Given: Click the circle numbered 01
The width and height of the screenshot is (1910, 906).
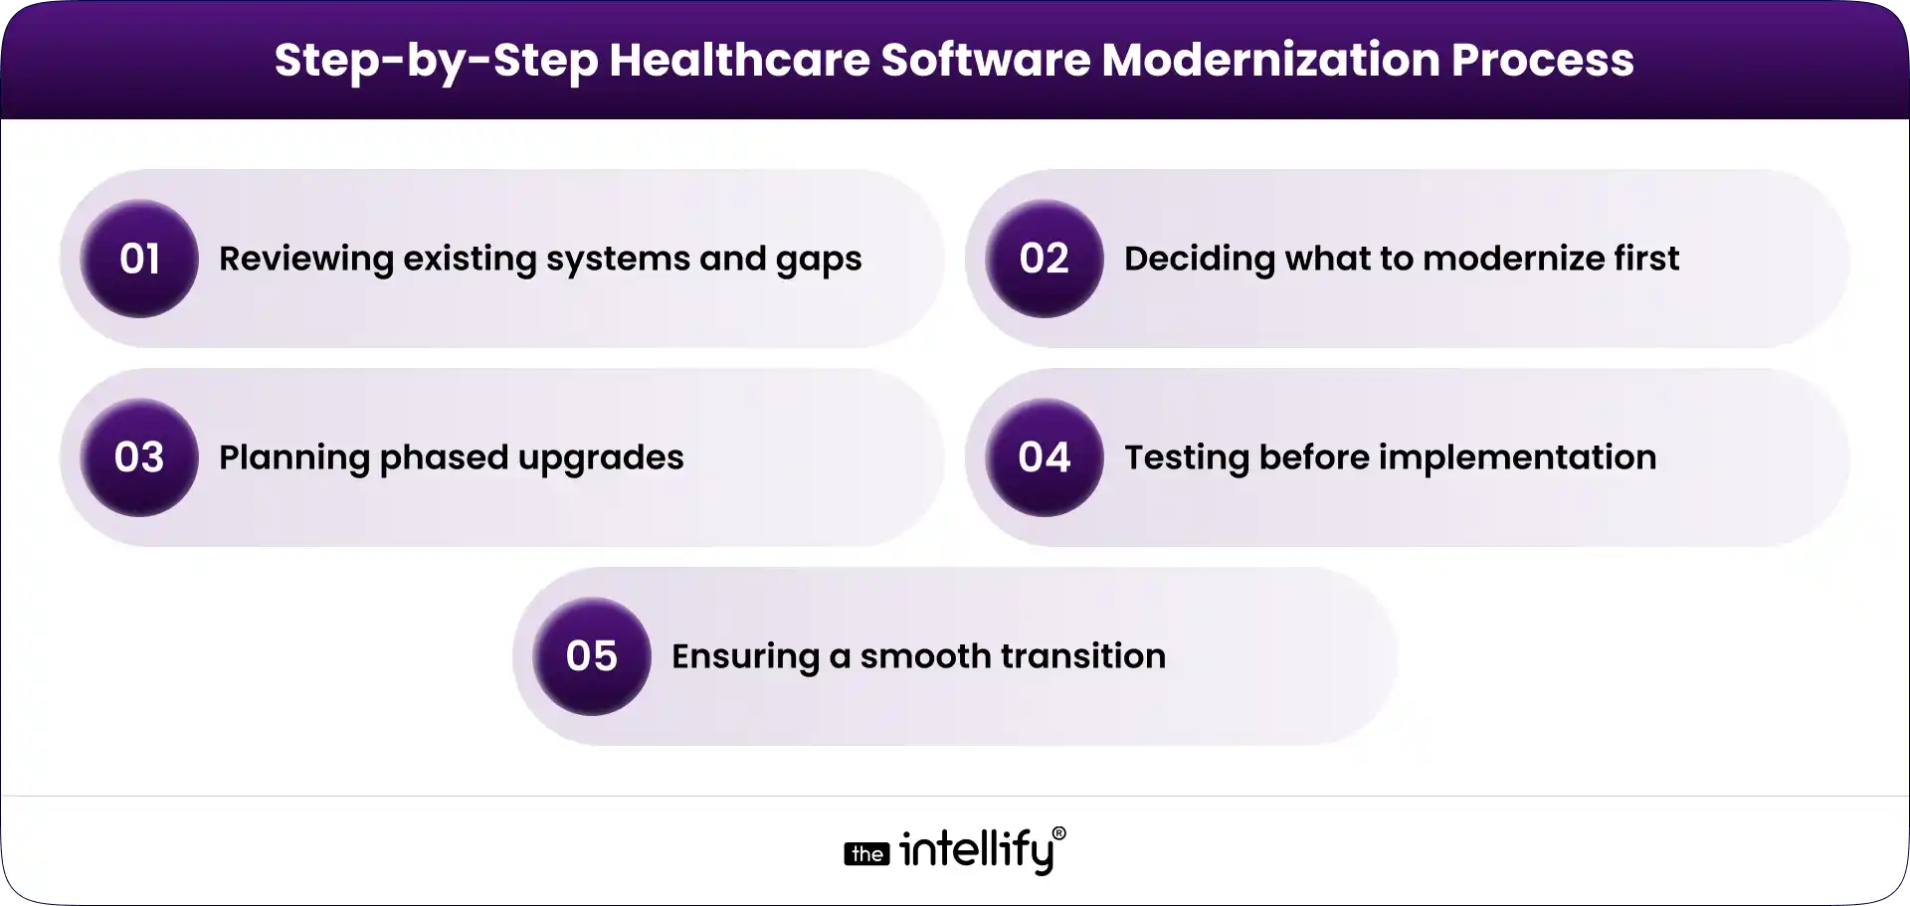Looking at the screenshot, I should tap(139, 259).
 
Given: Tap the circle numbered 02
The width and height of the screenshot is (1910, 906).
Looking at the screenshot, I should tap(1044, 259).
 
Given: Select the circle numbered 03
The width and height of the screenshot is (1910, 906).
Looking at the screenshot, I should tap(139, 457).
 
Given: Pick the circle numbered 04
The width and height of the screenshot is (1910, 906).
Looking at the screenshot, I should tap(1044, 457).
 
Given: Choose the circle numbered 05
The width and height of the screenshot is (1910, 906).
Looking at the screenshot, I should tap(591, 656).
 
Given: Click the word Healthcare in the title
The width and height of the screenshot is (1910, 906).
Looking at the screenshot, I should tap(738, 60).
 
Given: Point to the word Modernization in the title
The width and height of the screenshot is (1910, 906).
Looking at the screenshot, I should tap(1269, 60).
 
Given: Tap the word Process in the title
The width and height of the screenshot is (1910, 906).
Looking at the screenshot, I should tap(1542, 60).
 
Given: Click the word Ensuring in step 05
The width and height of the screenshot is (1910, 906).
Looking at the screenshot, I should tap(744, 656).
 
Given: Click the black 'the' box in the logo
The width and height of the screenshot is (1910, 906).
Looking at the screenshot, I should tap(866, 854).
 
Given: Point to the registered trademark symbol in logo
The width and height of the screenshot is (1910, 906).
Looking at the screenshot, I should tap(1058, 833).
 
